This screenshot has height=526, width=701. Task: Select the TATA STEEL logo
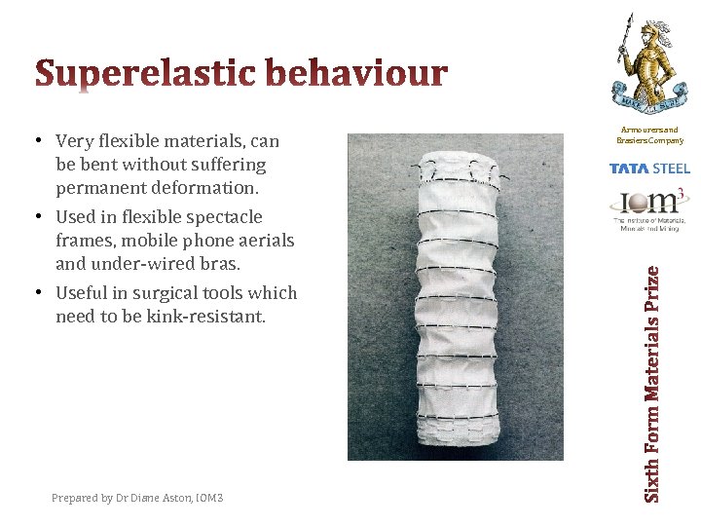pos(649,169)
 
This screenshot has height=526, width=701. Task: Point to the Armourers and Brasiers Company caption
pos(649,134)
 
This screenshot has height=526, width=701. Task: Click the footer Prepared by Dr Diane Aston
pos(137,498)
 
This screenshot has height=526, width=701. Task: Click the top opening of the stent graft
pos(455,168)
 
